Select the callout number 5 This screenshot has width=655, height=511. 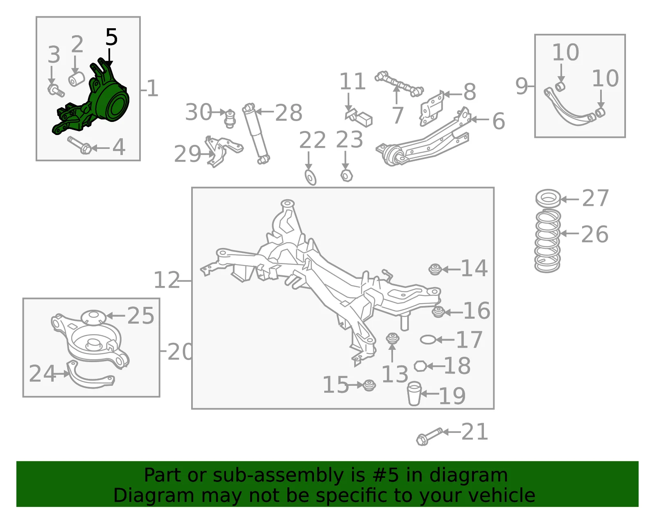pyautogui.click(x=111, y=37)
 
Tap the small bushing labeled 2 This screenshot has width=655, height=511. pyautogui.click(x=77, y=79)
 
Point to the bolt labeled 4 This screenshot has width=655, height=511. pyautogui.click(x=80, y=145)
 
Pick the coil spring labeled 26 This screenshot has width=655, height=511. pyautogui.click(x=547, y=241)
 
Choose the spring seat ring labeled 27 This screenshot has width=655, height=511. pyautogui.click(x=548, y=199)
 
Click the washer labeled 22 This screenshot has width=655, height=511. pyautogui.click(x=310, y=178)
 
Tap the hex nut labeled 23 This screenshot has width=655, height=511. pyautogui.click(x=346, y=176)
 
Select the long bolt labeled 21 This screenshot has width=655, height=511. pyautogui.click(x=429, y=437)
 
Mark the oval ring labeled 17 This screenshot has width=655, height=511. pyautogui.click(x=428, y=340)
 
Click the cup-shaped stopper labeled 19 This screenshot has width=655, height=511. pyautogui.click(x=414, y=394)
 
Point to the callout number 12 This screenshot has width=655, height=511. pyautogui.click(x=167, y=280)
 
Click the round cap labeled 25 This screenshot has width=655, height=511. pyautogui.click(x=93, y=317)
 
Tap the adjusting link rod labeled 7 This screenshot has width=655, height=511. pyautogui.click(x=399, y=84)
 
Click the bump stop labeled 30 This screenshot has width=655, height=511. pyautogui.click(x=230, y=119)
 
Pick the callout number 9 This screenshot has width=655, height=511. pyautogui.click(x=522, y=86)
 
